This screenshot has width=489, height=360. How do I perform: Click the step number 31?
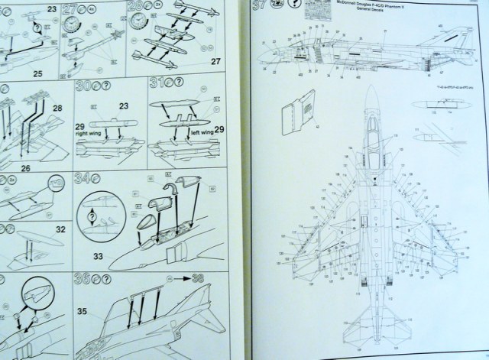point(157,83)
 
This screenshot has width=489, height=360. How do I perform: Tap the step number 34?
point(83,179)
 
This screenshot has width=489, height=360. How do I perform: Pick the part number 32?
point(60,227)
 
